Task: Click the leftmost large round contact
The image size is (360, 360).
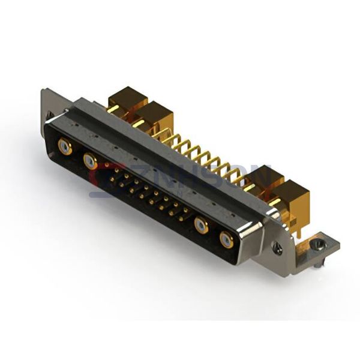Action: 65,146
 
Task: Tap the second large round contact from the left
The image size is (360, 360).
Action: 90,161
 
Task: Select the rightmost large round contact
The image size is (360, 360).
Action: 226,240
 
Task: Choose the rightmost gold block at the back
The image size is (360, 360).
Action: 290,195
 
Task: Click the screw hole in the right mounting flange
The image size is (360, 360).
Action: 278,247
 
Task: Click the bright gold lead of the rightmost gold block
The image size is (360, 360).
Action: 275,202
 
